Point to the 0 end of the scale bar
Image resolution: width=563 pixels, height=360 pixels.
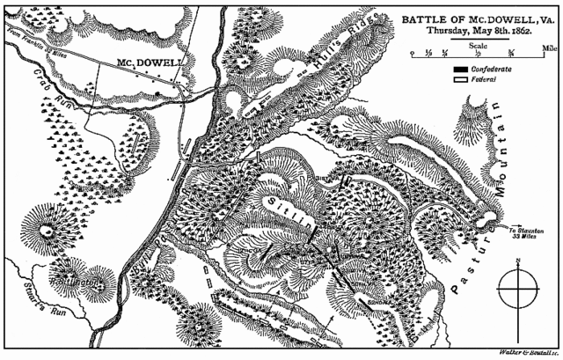412,54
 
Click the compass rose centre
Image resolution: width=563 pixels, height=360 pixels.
520,288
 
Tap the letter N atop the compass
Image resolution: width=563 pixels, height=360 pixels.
520,261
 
